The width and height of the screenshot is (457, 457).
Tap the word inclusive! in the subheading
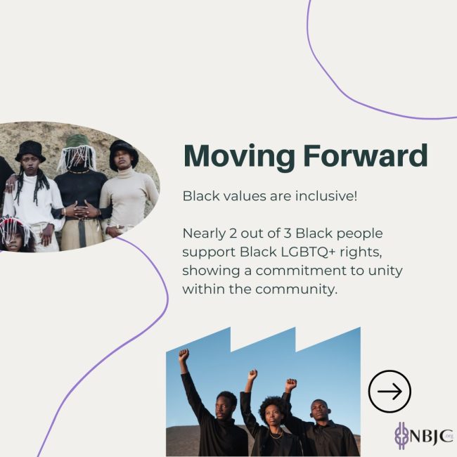[x=326, y=195]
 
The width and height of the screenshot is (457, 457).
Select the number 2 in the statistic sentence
[x=233, y=233]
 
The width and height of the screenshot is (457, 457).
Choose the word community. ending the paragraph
[x=297, y=290]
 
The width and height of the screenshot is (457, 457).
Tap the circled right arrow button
[x=390, y=391]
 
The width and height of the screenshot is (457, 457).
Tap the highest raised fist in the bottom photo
[x=184, y=354]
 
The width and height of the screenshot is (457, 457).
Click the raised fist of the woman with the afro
[x=252, y=375]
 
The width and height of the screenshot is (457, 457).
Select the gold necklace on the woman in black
[x=276, y=435]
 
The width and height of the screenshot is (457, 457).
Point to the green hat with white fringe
[x=77, y=151]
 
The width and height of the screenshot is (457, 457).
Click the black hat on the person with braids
[x=30, y=151]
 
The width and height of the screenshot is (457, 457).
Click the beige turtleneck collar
[x=125, y=174]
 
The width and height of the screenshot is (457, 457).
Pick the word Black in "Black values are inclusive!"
[x=201, y=195]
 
